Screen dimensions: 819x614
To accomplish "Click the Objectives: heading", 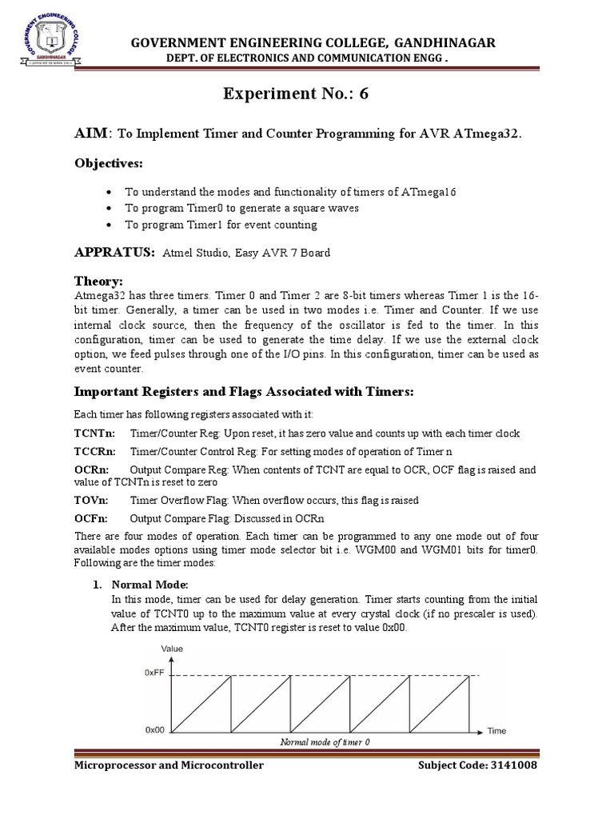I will [x=108, y=163].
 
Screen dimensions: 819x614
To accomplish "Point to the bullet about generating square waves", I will [x=231, y=208].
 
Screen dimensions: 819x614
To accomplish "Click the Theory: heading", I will [x=98, y=282].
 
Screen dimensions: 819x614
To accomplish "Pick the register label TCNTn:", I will [x=93, y=433].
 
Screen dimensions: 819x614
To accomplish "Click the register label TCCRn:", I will [x=94, y=451].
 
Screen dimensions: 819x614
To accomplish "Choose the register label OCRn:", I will [x=90, y=469].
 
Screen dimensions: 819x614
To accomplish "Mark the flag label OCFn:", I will [x=90, y=518].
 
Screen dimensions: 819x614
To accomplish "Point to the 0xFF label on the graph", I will [x=154, y=673].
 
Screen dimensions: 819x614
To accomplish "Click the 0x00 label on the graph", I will [x=154, y=730].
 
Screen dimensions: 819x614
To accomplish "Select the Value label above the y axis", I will [x=173, y=649].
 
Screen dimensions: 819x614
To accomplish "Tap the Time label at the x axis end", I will [x=497, y=731].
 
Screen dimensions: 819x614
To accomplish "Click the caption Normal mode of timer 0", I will [x=325, y=742].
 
